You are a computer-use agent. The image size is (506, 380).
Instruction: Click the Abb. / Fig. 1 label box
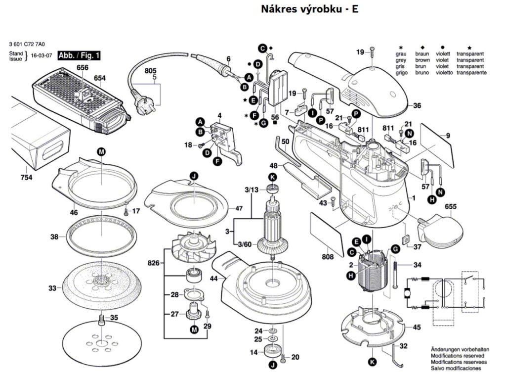79,55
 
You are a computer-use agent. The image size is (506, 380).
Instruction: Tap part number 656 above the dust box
82,67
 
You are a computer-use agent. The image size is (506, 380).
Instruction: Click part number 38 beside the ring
54,237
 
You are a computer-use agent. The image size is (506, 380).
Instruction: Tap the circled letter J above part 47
193,176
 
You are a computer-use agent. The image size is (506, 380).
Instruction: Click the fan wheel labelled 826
192,249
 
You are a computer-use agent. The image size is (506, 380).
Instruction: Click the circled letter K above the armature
272,177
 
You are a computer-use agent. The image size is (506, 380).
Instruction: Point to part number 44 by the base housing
213,279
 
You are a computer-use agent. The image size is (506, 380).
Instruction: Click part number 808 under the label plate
327,257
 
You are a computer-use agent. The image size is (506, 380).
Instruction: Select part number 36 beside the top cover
417,105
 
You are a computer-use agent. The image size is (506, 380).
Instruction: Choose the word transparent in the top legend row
470,53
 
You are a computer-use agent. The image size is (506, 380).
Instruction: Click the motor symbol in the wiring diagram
408,293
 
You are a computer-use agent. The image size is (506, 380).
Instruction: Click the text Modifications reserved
457,356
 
